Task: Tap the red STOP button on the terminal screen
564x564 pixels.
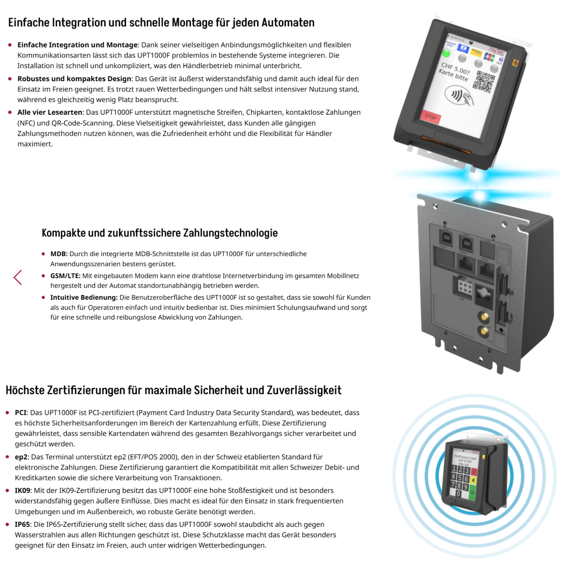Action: click(430, 117)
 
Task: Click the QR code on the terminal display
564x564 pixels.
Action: click(484, 82)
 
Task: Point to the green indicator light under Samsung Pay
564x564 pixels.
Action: click(446, 53)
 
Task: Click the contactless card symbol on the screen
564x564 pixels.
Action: click(459, 96)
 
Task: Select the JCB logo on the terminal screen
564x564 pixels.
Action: click(489, 57)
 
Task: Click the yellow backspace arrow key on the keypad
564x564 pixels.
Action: click(473, 481)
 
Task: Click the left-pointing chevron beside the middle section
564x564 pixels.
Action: click(18, 277)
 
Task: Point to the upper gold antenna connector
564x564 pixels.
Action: click(484, 317)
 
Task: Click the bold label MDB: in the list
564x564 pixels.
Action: click(59, 254)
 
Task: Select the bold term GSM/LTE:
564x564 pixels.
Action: click(65, 276)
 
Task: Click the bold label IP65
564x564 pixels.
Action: click(22, 524)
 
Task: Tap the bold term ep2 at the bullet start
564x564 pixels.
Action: click(21, 457)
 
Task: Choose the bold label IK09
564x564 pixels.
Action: click(22, 490)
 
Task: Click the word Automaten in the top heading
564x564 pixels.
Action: click(288, 23)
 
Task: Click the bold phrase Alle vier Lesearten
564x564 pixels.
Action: click(50, 112)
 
